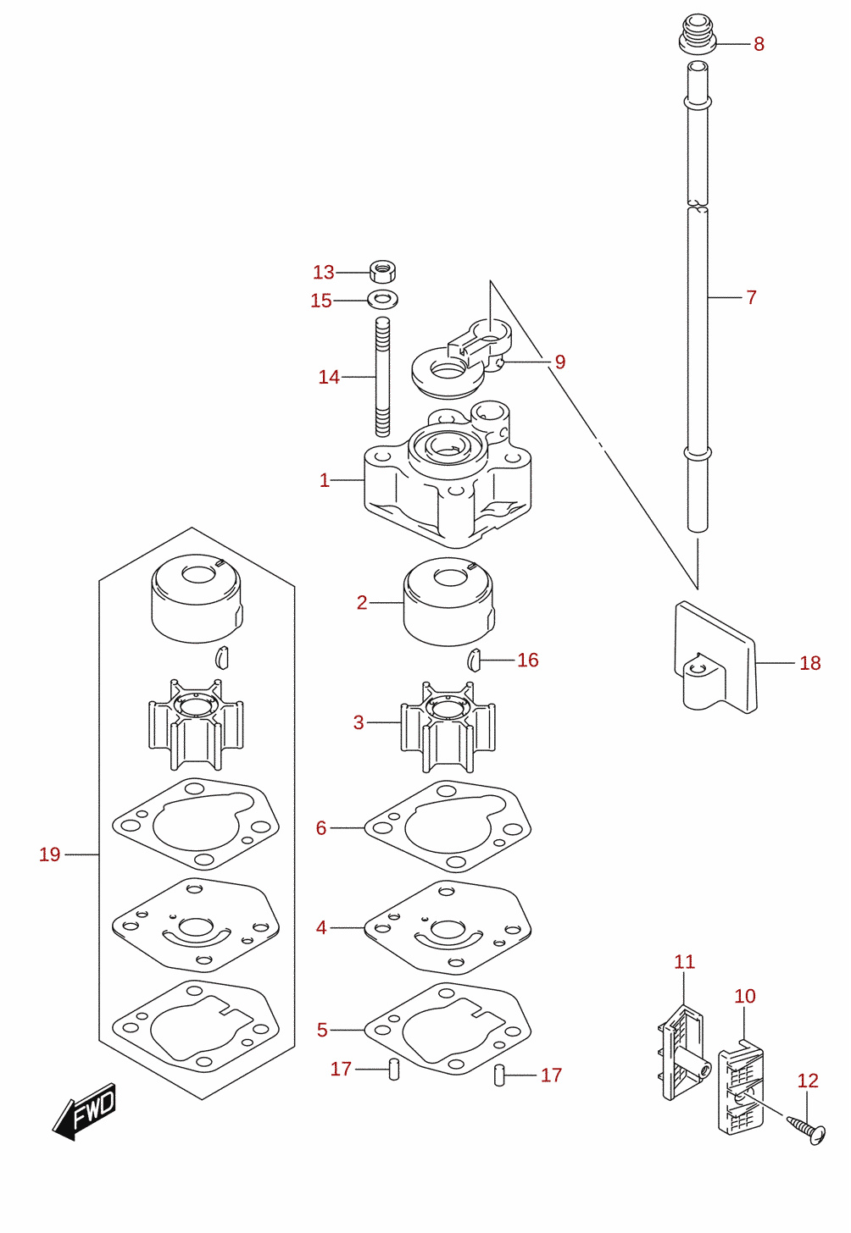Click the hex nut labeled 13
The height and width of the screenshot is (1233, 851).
pos(382,271)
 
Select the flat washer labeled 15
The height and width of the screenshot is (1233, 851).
pos(383,299)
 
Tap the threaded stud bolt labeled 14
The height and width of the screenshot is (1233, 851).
pos(383,377)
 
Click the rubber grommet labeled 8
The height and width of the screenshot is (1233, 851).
pos(698,34)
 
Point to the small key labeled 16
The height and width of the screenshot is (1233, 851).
pos(475,660)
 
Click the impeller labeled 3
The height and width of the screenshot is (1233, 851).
pos(448,727)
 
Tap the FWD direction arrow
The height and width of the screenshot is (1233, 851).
pos(84,1112)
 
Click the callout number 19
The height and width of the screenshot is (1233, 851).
pos(49,854)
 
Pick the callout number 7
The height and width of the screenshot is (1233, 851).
pos(751,297)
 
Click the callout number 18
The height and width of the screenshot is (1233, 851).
pos(810,663)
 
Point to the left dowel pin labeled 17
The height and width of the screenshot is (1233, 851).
pos(394,1069)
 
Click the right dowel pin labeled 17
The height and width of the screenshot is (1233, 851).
pos(499,1075)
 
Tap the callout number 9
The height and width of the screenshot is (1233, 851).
pos(559,362)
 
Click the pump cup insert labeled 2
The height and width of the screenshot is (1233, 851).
pos(449,601)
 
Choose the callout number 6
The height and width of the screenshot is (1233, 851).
pos(321,827)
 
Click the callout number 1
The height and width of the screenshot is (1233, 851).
pos(325,480)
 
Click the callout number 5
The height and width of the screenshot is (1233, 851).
pos(322,1030)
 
